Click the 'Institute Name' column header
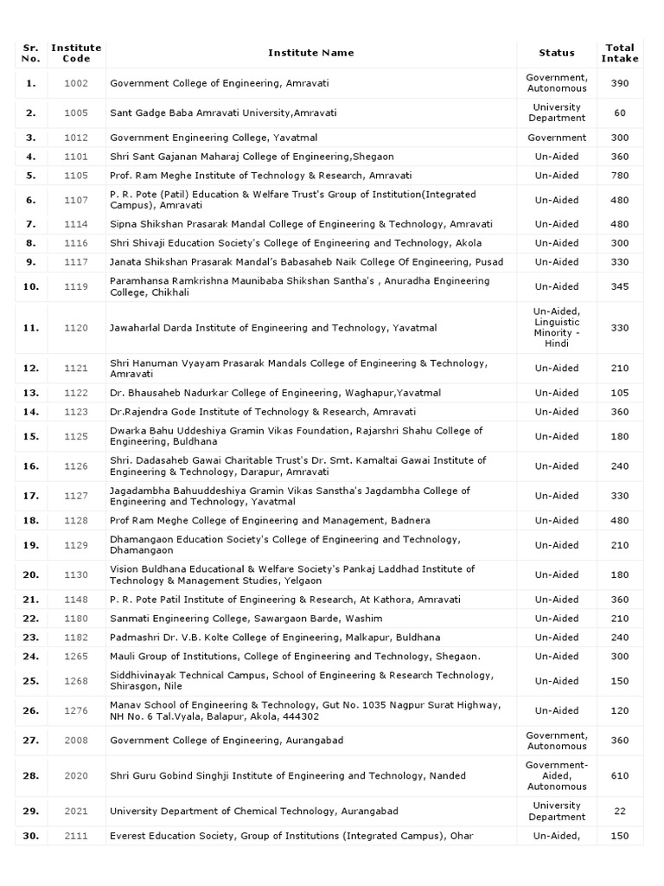(310, 53)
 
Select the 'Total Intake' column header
(620, 53)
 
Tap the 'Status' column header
(557, 53)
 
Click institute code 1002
(76, 83)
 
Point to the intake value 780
(620, 175)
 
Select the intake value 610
(620, 775)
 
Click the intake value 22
(620, 811)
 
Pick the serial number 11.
(31, 328)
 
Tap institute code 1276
(76, 710)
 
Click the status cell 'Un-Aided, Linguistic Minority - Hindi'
(557, 328)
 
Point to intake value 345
(620, 286)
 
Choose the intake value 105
(620, 393)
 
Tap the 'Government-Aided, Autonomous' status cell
(557, 775)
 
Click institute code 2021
(76, 811)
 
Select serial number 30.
(31, 836)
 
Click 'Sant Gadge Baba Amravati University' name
(223, 112)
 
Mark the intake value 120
(620, 710)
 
